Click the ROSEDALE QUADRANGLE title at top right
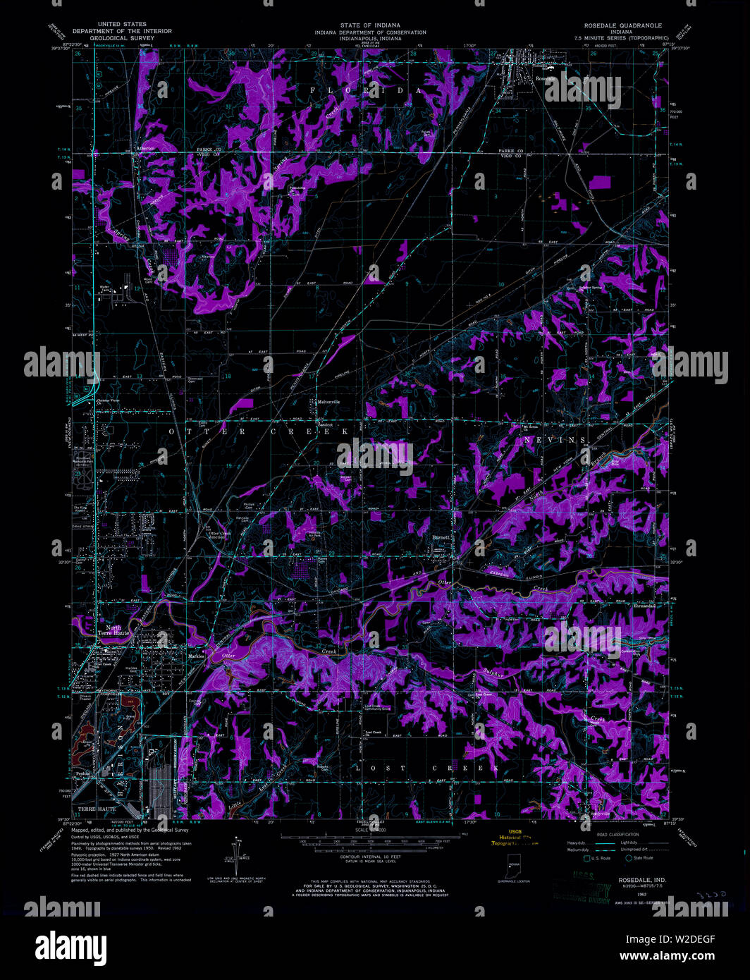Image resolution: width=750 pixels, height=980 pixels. click(x=622, y=25)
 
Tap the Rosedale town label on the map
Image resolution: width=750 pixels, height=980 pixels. click(x=543, y=79)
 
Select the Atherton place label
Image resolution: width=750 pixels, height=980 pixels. click(x=145, y=149)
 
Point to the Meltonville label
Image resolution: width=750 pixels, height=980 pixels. click(x=328, y=402)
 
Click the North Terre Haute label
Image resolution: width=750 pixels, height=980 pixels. click(x=113, y=630)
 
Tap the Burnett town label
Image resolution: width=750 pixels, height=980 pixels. click(x=441, y=537)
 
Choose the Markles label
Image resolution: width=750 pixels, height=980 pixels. click(x=196, y=656)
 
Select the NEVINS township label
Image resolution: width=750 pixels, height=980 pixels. click(x=555, y=440)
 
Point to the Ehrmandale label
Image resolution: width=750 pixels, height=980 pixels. click(x=644, y=606)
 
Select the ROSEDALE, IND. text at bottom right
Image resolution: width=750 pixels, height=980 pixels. click(x=641, y=881)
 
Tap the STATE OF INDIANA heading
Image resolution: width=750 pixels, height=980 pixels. click(x=370, y=25)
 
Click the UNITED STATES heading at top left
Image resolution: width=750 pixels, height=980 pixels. click(x=123, y=25)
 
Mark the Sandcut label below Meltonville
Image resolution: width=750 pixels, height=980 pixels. click(x=324, y=425)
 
